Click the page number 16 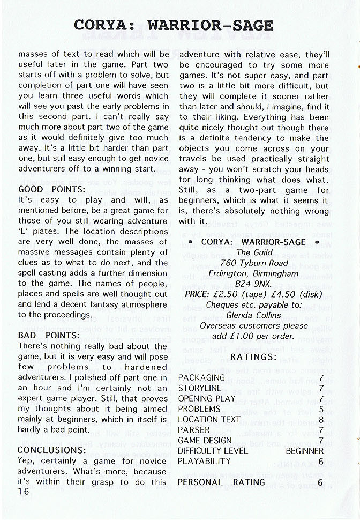tap(24, 492)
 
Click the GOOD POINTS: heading tap(52, 189)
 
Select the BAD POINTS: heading tap(49, 335)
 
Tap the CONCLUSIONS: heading tap(52, 450)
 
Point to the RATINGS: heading tap(253, 356)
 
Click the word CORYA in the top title tap(104, 25)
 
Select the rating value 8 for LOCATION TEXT tap(320, 420)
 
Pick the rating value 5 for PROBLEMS tap(320, 409)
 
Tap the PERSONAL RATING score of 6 tap(320, 482)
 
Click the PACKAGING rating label tap(200, 378)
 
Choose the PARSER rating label tap(193, 430)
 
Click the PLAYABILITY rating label tap(204, 461)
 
